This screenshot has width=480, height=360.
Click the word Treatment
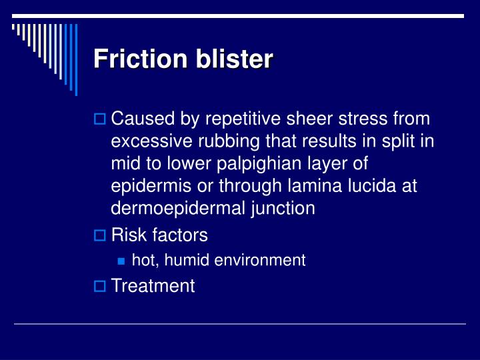pos(153,286)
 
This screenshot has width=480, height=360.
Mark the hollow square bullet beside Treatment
pos(99,287)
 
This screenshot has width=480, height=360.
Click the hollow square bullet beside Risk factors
pos(99,235)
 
